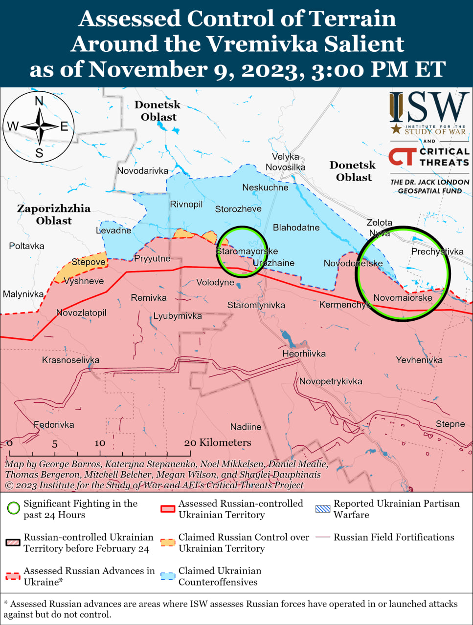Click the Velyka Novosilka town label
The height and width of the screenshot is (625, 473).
coord(285,162)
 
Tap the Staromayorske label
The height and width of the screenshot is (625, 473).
coord(247,251)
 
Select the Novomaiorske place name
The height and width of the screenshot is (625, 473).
coord(403,297)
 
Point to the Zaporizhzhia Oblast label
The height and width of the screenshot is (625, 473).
coord(54,214)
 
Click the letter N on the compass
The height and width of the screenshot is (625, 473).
coord(39,101)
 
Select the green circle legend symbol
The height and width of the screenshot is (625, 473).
coord(13,508)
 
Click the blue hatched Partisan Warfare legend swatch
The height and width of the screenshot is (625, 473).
coord(323,509)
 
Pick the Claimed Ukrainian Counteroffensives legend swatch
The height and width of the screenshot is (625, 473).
coord(168,576)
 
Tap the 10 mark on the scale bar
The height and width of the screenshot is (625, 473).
coord(100,443)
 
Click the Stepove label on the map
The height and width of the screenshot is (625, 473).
coord(89,262)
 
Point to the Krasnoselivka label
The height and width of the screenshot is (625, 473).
coord(70,360)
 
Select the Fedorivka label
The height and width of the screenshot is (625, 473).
coord(54,425)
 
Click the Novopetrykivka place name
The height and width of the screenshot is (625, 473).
coord(331,381)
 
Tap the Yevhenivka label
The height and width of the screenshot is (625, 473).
coord(419,360)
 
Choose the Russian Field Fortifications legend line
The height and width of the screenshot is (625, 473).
coord(323,537)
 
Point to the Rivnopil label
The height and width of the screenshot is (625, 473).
coord(186,204)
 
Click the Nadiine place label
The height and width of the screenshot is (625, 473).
coord(246,427)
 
